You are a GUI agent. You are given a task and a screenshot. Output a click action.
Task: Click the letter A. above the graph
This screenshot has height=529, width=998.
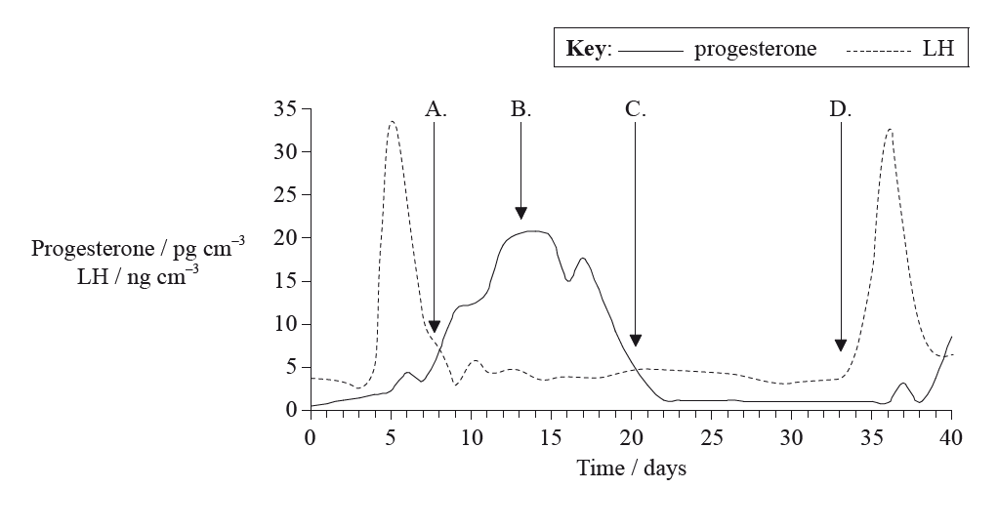(436, 109)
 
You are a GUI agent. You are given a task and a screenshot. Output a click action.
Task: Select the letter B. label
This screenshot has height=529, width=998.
(521, 109)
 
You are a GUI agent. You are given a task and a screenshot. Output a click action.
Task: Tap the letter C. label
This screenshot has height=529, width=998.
(636, 109)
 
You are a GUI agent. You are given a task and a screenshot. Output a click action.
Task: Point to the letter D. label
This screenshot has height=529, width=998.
(841, 109)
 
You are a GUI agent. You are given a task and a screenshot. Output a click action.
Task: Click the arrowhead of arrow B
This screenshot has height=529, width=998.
(520, 213)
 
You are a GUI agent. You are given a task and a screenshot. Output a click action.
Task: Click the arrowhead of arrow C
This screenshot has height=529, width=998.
(636, 340)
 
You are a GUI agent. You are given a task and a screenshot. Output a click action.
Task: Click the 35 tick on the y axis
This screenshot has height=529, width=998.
(284, 109)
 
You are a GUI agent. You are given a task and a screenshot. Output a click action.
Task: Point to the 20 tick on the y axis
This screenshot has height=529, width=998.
(284, 238)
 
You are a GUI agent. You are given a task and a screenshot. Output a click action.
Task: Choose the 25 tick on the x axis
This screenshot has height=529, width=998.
(711, 437)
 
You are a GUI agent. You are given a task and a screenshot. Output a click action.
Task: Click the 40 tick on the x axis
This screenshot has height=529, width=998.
(951, 437)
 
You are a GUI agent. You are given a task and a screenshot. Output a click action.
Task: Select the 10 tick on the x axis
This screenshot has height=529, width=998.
(471, 437)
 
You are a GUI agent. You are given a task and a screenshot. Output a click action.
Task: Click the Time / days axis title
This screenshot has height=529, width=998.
(631, 468)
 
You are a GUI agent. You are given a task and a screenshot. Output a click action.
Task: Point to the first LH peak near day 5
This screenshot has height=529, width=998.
(392, 122)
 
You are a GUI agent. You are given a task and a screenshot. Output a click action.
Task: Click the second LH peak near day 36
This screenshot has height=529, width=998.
(890, 129)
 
